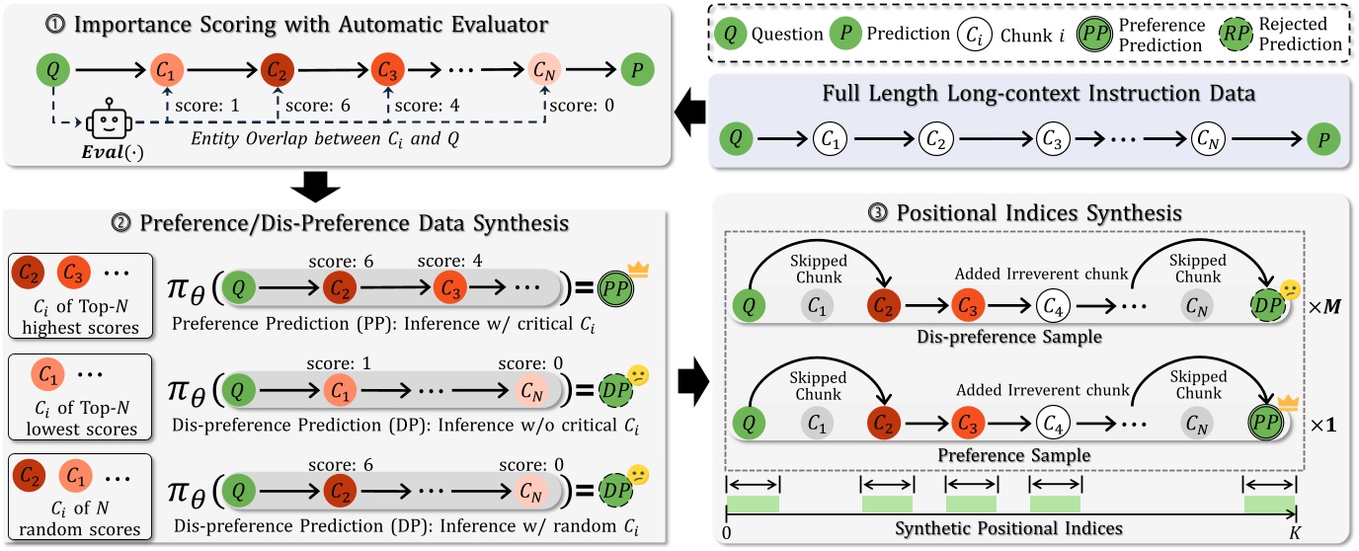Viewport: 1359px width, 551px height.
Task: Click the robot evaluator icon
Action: [x=110, y=120]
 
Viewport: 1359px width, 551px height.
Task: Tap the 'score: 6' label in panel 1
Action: [x=318, y=106]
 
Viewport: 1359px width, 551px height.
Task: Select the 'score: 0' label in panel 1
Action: [x=582, y=106]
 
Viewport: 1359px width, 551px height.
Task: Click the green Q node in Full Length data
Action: [x=736, y=138]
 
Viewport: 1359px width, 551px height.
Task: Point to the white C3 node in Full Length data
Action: [x=1053, y=139]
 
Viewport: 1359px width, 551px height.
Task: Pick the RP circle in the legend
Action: [x=1236, y=34]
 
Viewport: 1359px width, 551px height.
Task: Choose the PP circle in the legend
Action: [x=1094, y=34]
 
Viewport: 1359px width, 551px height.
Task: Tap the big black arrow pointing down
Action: [x=315, y=187]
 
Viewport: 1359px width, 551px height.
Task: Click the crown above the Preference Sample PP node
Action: [x=1288, y=402]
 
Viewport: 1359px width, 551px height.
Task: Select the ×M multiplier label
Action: [x=1324, y=306]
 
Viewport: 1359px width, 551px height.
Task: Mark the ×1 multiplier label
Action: [x=1322, y=425]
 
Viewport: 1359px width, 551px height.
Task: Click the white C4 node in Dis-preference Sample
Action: [x=1053, y=306]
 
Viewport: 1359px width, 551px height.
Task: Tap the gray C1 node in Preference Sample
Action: [x=817, y=424]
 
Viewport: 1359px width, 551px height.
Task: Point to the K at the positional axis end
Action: [x=1295, y=533]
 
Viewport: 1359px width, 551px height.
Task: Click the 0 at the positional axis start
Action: [x=727, y=533]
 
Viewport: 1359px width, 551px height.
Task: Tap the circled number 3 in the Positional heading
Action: [x=878, y=213]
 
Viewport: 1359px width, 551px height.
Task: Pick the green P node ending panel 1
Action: [x=638, y=69]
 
